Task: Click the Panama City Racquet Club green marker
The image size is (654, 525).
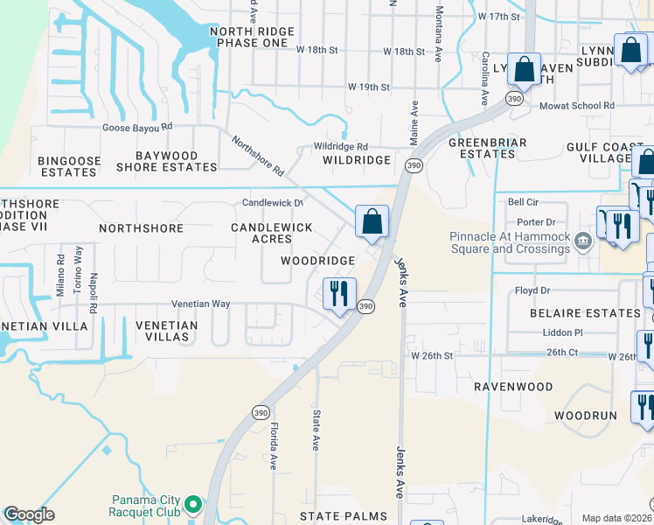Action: [x=194, y=504]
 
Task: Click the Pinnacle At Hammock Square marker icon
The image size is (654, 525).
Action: [x=583, y=241]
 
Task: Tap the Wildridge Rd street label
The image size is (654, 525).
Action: [x=341, y=147]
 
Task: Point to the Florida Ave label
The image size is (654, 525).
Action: [x=274, y=446]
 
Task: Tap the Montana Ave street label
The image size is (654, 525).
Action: [x=439, y=31]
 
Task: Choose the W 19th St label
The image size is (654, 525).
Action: [x=368, y=87]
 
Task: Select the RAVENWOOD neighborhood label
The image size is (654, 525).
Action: [x=513, y=386]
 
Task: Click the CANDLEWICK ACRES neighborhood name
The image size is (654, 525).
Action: [x=271, y=233]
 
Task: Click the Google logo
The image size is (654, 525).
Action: [x=29, y=514]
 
